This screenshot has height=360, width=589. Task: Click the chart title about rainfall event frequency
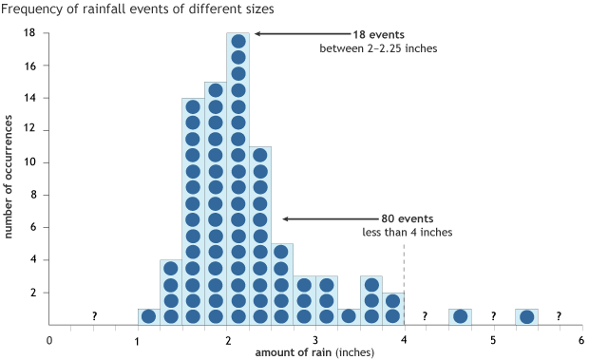139,9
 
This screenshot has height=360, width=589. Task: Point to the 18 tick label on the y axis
30,33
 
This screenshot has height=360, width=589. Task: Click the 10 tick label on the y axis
30,162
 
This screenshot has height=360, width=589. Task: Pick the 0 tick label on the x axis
48,338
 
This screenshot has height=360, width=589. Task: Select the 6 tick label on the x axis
580,338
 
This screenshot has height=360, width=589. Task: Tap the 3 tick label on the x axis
314,338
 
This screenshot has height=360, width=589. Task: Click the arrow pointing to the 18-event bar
286,34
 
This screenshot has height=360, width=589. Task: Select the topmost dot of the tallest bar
238,41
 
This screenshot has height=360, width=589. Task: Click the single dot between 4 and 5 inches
460,315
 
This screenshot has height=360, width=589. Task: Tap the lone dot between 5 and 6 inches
526,315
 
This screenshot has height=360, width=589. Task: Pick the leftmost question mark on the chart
94,316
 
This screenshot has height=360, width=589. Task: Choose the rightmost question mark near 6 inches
559,316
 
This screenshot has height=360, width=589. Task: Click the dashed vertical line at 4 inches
405,285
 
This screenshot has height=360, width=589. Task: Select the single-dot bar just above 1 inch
148,315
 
